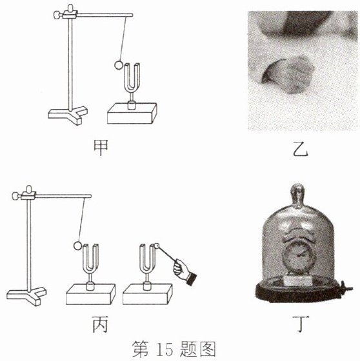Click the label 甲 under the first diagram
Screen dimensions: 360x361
pyautogui.click(x=101, y=148)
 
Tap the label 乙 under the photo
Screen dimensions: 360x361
pyautogui.click(x=301, y=149)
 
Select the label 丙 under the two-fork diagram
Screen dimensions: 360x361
pyautogui.click(x=100, y=324)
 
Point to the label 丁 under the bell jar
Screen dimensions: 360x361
pyautogui.click(x=301, y=324)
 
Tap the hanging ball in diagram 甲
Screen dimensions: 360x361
pyautogui.click(x=119, y=65)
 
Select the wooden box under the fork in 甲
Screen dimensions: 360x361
pyautogui.click(x=132, y=113)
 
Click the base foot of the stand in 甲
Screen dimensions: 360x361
pyautogui.click(x=68, y=115)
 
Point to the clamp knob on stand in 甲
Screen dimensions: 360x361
pyautogui.click(x=57, y=15)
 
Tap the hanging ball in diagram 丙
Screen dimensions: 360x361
pyautogui.click(x=77, y=246)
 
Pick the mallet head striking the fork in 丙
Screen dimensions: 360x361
pyautogui.click(x=157, y=246)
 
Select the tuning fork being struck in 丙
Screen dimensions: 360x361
pyautogui.click(x=148, y=265)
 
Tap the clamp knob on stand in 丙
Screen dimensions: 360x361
pyautogui.click(x=15, y=196)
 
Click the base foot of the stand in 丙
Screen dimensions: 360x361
pyautogui.click(x=26, y=296)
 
